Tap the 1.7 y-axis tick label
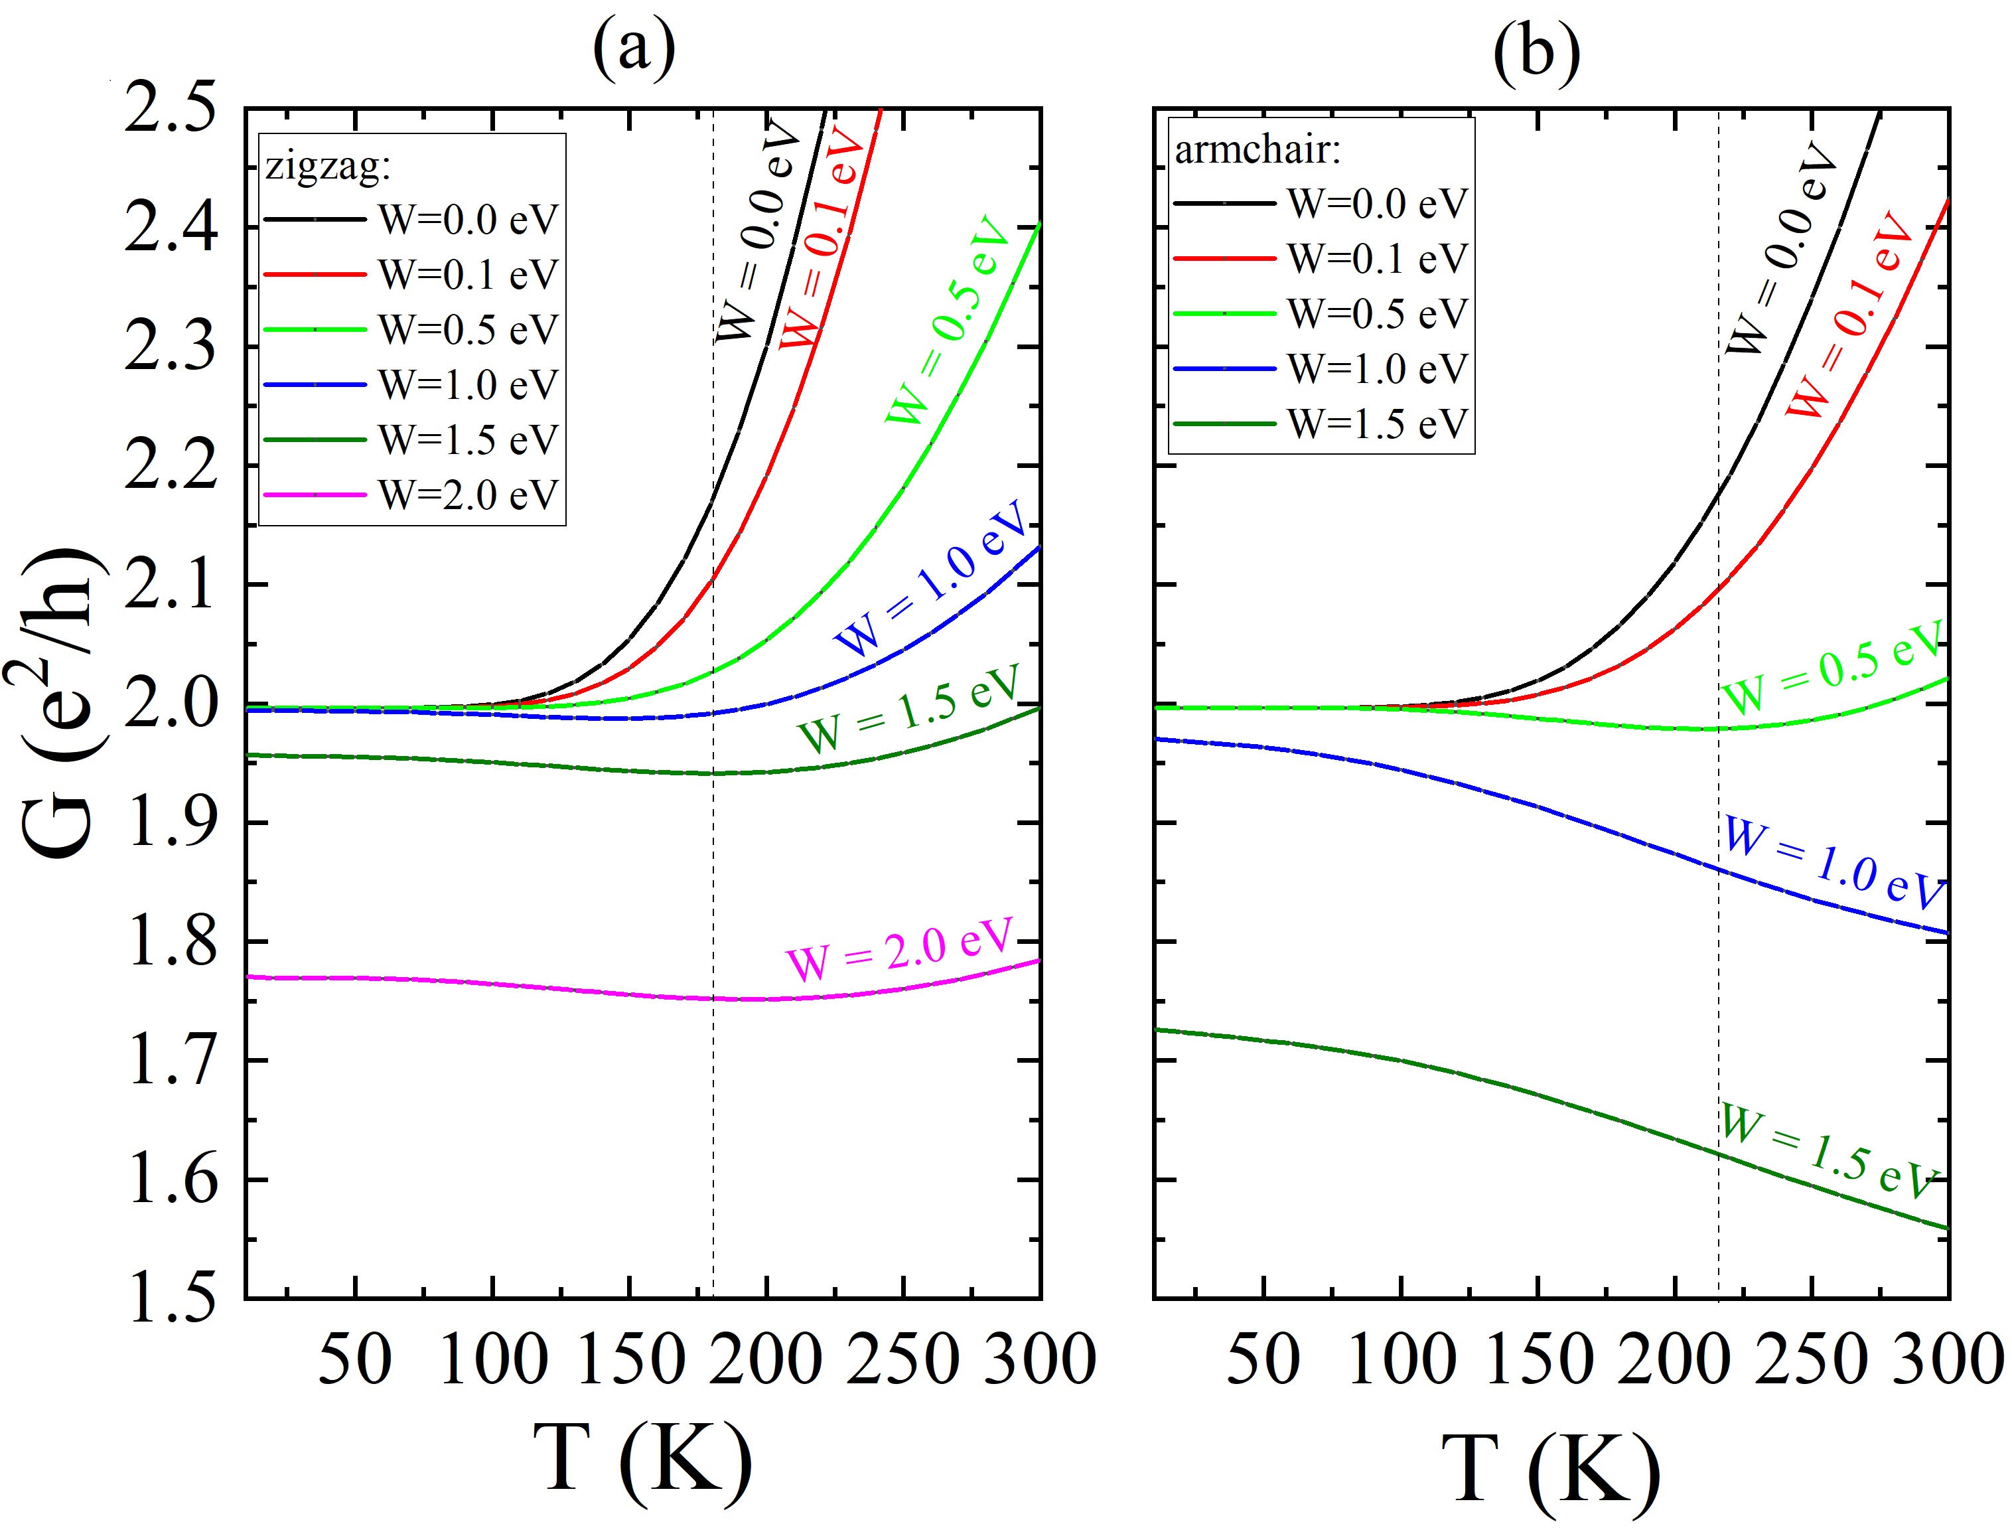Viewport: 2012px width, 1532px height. point(173,1061)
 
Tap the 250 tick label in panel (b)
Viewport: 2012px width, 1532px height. point(1812,1359)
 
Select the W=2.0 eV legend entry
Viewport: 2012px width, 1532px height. point(467,495)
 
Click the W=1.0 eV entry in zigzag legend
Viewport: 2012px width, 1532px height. point(467,385)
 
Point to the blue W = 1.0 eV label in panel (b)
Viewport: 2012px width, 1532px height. point(1832,862)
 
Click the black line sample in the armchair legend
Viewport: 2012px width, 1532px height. point(1224,203)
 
